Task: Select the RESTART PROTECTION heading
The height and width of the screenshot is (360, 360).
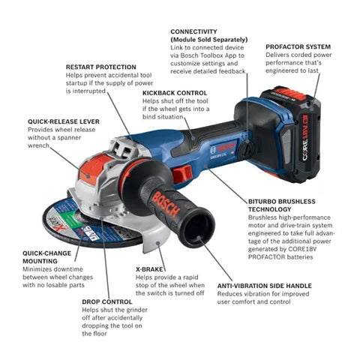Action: coord(100,67)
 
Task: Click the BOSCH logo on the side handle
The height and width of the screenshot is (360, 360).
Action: coord(164,202)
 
